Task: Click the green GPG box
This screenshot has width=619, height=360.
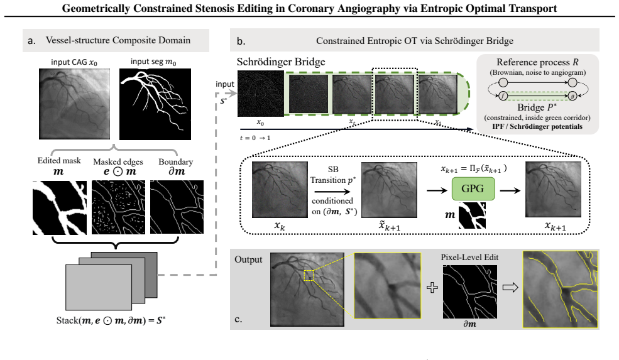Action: tap(473, 188)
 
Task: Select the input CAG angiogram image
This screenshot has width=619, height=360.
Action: tap(75, 104)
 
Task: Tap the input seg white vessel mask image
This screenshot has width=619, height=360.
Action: tap(155, 104)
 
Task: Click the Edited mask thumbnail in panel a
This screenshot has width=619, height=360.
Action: tap(60, 208)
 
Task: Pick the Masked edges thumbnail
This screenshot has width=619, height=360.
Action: tap(118, 207)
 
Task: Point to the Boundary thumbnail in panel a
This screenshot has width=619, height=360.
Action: tap(177, 207)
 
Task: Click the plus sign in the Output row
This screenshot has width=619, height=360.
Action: tap(432, 287)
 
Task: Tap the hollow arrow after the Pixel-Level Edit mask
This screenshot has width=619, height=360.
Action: tap(510, 287)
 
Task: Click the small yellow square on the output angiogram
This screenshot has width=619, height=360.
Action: tap(309, 276)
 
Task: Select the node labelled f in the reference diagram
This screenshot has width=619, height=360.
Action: tap(503, 96)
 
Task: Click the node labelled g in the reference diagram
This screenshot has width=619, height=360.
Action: tap(572, 96)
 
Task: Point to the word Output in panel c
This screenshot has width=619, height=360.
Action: tap(248, 259)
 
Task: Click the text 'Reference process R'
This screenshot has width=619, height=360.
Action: tap(537, 62)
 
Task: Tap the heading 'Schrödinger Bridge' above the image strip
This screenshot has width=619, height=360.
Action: tap(281, 62)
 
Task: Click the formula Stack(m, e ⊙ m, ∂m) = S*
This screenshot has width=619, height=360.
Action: tap(111, 320)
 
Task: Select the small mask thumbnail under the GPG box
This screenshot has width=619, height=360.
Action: tap(472, 215)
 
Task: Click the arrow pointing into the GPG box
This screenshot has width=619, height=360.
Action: tap(437, 190)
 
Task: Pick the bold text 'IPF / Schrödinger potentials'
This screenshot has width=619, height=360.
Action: tap(537, 127)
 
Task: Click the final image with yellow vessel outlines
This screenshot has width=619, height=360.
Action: tap(560, 290)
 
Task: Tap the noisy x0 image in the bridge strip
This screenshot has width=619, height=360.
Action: tap(261, 94)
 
